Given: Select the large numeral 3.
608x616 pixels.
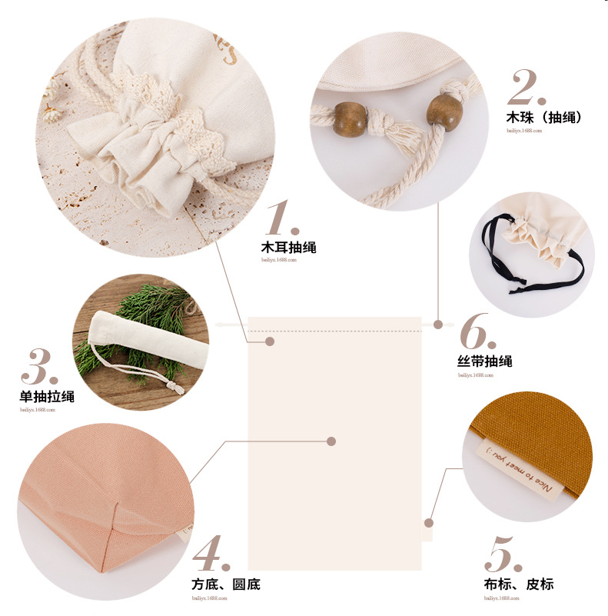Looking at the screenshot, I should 39,368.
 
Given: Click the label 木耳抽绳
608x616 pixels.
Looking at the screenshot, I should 288,248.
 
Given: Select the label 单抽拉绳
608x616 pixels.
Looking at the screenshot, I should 47,397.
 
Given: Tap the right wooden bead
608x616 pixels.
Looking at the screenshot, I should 442,112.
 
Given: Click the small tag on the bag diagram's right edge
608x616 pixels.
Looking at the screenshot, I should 427,529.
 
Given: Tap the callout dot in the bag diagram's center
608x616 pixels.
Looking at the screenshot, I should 331,441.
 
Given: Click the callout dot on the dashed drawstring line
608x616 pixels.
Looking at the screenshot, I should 269,341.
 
